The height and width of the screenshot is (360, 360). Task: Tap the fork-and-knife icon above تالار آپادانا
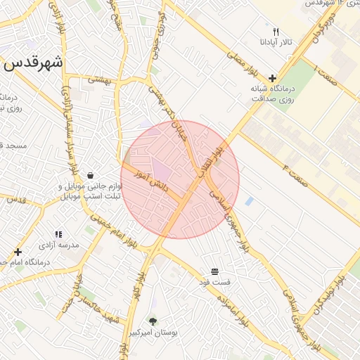pyautogui.click(x=276, y=32)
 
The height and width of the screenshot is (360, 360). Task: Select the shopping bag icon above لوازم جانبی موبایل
pyautogui.click(x=90, y=175)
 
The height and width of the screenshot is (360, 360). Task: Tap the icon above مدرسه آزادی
pyautogui.click(x=58, y=233)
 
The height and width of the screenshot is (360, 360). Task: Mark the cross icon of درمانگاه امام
pyautogui.click(x=18, y=251)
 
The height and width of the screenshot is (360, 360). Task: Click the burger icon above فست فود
pyautogui.click(x=214, y=271)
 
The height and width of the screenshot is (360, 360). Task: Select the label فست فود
pyautogui.click(x=214, y=282)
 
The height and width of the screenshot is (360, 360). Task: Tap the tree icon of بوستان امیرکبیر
pyautogui.click(x=153, y=321)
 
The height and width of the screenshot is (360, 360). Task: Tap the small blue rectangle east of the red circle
pyautogui.click(x=249, y=201)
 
